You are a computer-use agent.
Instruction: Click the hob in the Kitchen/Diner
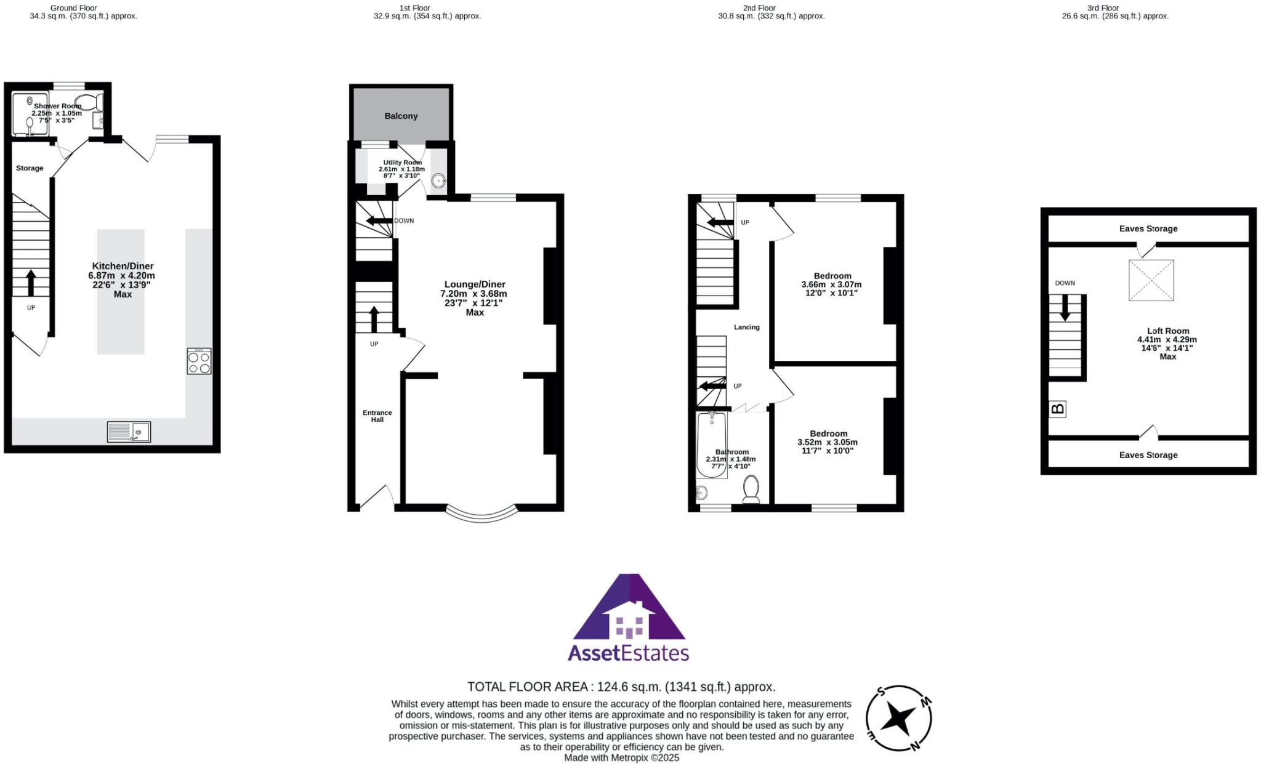click(x=199, y=361)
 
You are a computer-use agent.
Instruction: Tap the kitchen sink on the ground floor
click(x=129, y=432)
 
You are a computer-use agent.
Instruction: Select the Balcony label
click(x=401, y=116)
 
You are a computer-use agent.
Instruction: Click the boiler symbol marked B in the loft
click(x=1057, y=409)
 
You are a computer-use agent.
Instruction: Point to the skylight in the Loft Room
click(x=1151, y=280)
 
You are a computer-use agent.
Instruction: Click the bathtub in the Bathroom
click(x=711, y=445)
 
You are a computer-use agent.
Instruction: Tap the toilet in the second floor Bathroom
click(x=751, y=490)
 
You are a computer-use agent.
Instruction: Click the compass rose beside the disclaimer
click(x=898, y=718)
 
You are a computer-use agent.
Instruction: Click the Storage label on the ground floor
click(x=30, y=168)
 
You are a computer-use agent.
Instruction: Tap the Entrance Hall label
click(x=377, y=416)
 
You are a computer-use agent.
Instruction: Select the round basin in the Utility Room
click(x=438, y=181)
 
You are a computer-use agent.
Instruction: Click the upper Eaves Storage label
click(x=1148, y=228)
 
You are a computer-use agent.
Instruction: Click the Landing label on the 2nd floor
click(x=746, y=327)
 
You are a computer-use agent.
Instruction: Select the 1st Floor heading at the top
click(x=414, y=8)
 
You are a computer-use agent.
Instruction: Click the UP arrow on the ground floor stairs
click(x=31, y=283)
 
